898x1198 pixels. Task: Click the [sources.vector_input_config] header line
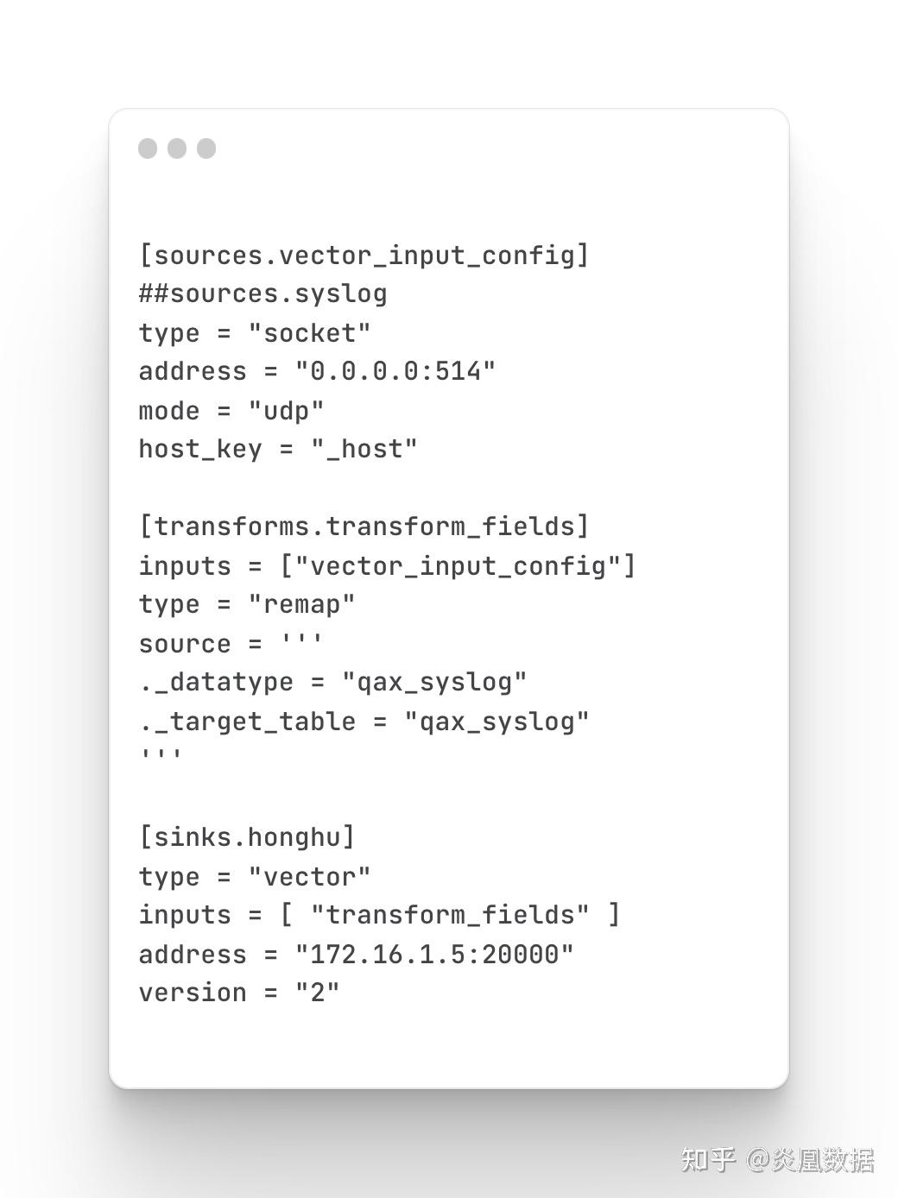364,255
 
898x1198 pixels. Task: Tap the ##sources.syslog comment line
263,294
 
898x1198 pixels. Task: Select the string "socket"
309,333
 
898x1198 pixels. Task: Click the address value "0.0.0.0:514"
395,371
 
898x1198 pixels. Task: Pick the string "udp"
286,411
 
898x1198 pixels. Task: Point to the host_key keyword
200,450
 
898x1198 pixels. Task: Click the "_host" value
364,449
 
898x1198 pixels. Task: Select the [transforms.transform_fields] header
364,526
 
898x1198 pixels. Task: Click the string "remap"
302,605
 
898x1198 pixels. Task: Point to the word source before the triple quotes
185,644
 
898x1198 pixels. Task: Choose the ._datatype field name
216,683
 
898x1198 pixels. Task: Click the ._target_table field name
247,722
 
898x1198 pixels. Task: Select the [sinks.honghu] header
247,837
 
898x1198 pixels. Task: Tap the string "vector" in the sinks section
309,877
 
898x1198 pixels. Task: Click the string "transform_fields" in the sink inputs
450,915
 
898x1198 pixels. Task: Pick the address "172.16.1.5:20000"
434,955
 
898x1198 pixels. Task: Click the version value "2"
318,993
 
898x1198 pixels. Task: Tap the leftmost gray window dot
148,148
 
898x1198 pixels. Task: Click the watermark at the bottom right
777,1160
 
